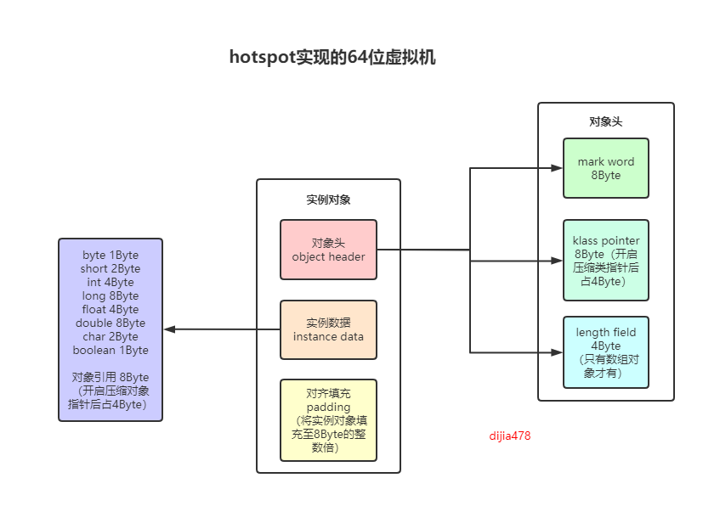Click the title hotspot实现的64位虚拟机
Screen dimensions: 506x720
tap(332, 58)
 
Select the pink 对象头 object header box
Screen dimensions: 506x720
tap(328, 250)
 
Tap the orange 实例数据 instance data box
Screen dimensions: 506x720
tap(328, 329)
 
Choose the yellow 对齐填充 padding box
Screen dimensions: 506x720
tap(328, 420)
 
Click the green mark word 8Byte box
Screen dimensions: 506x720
tap(605, 168)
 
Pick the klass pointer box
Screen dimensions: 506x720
tap(605, 261)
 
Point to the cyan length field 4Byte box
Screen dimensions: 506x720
tap(605, 352)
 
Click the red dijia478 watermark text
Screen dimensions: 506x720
tap(510, 436)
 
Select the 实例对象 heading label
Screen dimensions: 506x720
tap(328, 200)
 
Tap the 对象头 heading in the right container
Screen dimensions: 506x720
tap(605, 121)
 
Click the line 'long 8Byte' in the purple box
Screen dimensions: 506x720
tap(111, 295)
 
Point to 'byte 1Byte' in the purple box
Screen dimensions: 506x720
tap(111, 255)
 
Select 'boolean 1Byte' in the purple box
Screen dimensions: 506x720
tap(111, 350)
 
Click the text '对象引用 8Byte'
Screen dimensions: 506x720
tap(111, 377)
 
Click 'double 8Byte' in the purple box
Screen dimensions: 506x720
tap(111, 323)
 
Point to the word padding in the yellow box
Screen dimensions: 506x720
tap(328, 407)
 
